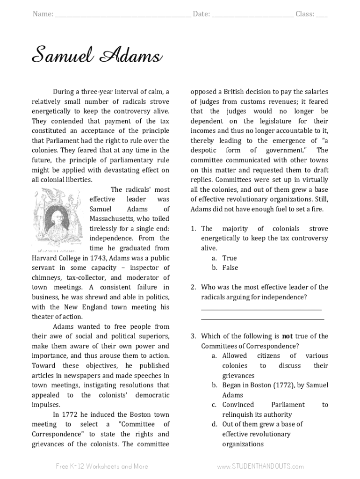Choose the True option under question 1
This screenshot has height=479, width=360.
pos(230,258)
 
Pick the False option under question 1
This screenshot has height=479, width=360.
pos(230,268)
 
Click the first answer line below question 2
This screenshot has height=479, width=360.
pos(261,309)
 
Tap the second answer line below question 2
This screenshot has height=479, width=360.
pos(262,319)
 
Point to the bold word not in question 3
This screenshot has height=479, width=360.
pos(287,336)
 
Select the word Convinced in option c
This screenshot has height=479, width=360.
pos(238,405)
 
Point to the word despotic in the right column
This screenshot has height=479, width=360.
pos(203,151)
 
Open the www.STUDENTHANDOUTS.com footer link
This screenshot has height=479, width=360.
pos(260,466)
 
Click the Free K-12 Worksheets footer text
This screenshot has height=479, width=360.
pos(102,466)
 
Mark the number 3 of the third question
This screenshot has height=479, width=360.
pos(193,336)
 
